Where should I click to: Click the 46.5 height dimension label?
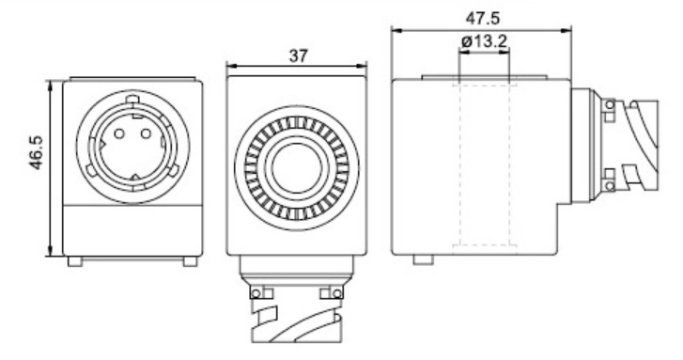pyautogui.click(x=37, y=152)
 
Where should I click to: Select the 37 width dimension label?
pyautogui.click(x=299, y=55)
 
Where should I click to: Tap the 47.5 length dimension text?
pyautogui.click(x=483, y=18)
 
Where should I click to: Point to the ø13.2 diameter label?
pyautogui.click(x=485, y=41)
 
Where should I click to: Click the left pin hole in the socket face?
pyautogui.click(x=119, y=133)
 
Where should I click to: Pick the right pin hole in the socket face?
pyautogui.click(x=146, y=133)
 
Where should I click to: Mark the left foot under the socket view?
pyautogui.click(x=75, y=261)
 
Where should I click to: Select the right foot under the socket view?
pyautogui.click(x=190, y=261)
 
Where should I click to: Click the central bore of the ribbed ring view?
pyautogui.click(x=297, y=168)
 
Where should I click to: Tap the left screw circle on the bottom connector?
pyautogui.click(x=256, y=294)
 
